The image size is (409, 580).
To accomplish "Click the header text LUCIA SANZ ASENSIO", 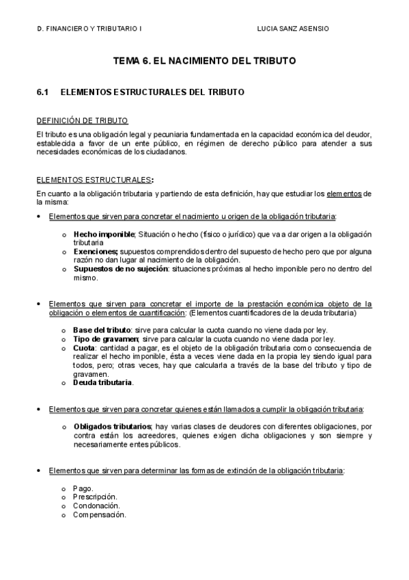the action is tap(292, 29).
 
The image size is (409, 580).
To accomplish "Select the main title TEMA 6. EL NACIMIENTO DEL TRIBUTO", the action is tap(204, 61).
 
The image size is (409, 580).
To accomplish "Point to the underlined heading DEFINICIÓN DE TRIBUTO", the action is tap(82, 120).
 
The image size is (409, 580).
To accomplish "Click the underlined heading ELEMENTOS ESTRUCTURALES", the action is tap(94, 181).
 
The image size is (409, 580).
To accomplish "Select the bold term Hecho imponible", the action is tap(104, 234).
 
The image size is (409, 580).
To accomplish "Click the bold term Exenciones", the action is tap(96, 252).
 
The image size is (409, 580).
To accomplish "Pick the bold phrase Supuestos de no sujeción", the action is tap(116, 269).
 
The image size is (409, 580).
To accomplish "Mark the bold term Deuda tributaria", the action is tap(103, 383).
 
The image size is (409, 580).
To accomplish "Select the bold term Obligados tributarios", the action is tap(113, 427).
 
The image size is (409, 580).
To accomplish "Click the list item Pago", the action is tap(83, 488).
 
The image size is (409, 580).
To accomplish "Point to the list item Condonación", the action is tap(96, 506).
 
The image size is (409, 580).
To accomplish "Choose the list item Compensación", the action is tap(99, 515).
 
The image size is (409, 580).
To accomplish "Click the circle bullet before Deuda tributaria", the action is tap(64, 384).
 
